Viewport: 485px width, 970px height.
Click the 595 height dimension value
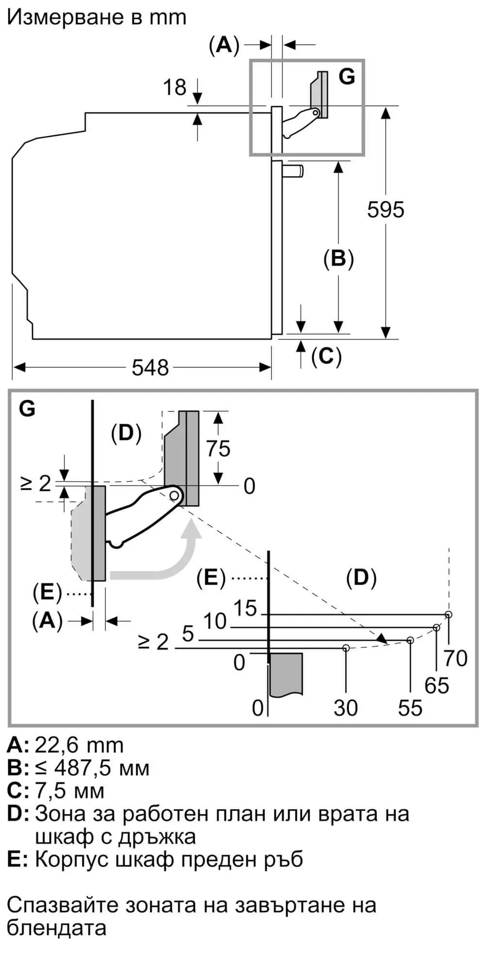tap(386, 210)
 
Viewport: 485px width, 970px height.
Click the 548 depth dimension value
tap(150, 368)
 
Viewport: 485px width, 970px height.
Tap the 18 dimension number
tap(175, 87)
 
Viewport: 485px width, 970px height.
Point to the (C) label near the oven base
tap(326, 356)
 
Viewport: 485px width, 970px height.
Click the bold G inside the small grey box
tap(347, 76)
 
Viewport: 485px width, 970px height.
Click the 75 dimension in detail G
tap(218, 449)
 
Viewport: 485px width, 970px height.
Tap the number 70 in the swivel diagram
tap(455, 658)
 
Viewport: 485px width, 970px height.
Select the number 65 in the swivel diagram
tap(436, 685)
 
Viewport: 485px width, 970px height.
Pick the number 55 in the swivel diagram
tap(410, 708)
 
